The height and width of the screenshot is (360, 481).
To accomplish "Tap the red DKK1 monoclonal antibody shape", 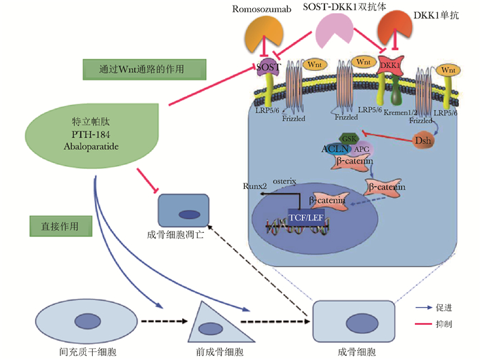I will pos(393,35).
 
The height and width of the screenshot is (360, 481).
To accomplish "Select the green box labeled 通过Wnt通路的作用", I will pos(144,69).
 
